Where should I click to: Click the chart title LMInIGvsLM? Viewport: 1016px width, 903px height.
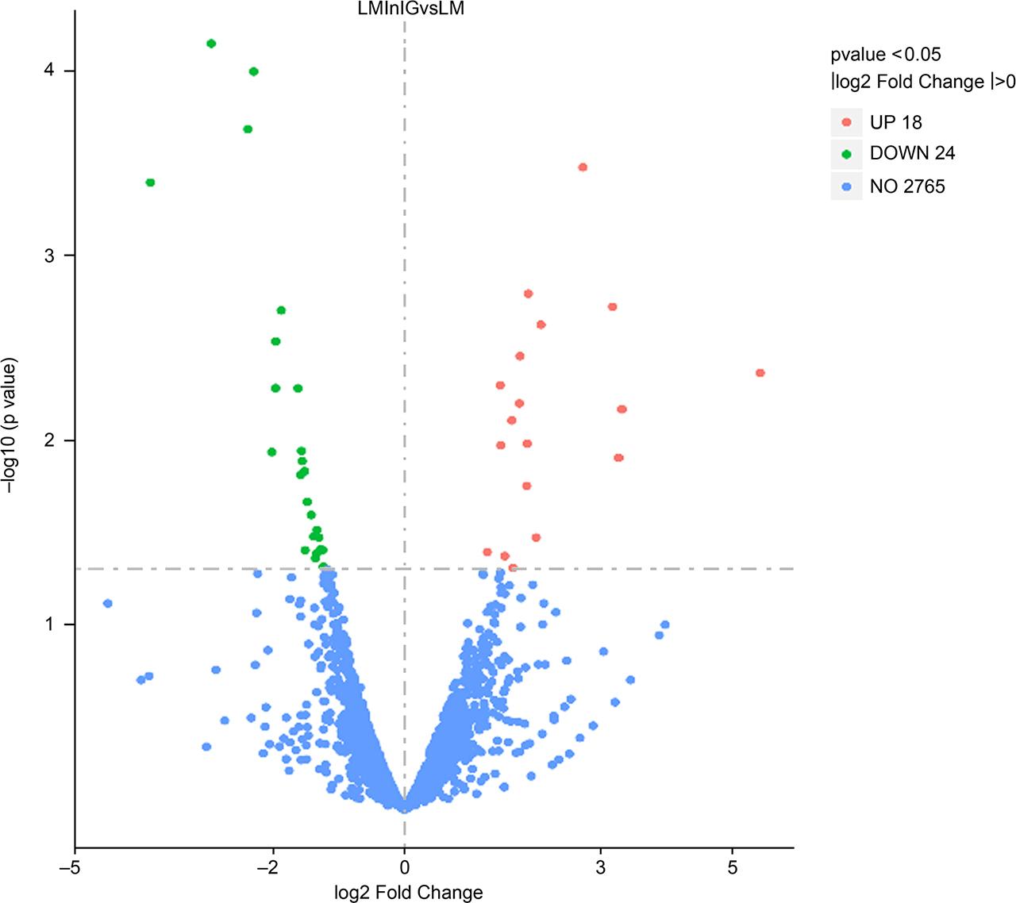(x=409, y=9)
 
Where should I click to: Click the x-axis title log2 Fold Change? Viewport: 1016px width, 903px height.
(x=408, y=892)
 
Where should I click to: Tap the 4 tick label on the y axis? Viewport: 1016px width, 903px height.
(x=49, y=71)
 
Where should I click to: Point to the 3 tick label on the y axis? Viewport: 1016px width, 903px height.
(x=49, y=256)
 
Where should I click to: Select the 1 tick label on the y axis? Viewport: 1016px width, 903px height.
(x=49, y=624)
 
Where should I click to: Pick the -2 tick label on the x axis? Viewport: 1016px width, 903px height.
(x=271, y=867)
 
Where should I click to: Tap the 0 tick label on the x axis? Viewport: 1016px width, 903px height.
(x=405, y=867)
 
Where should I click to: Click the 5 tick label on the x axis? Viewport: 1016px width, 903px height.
(x=733, y=867)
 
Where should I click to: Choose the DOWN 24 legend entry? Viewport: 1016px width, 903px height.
(x=912, y=153)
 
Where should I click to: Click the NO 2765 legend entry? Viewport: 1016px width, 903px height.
(x=907, y=187)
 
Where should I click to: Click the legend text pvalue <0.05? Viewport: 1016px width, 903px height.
(x=885, y=55)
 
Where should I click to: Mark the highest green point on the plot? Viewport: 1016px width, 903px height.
(x=211, y=44)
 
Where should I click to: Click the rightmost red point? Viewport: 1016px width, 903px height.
(x=760, y=373)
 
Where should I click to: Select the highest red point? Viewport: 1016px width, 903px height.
(x=583, y=167)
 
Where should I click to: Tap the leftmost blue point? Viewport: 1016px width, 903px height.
(x=108, y=603)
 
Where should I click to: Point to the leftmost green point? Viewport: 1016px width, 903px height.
(x=150, y=183)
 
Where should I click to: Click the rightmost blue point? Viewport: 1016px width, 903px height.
(x=665, y=624)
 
